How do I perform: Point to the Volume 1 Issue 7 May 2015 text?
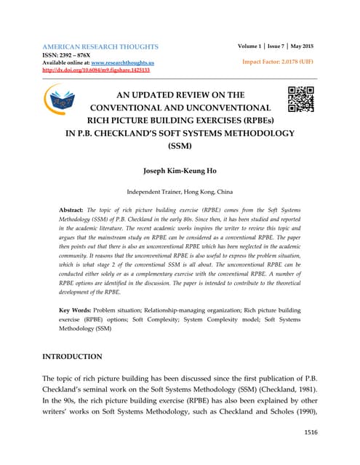pos(276,46)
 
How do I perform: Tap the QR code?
pos(301,99)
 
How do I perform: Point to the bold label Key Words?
pos(75,310)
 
